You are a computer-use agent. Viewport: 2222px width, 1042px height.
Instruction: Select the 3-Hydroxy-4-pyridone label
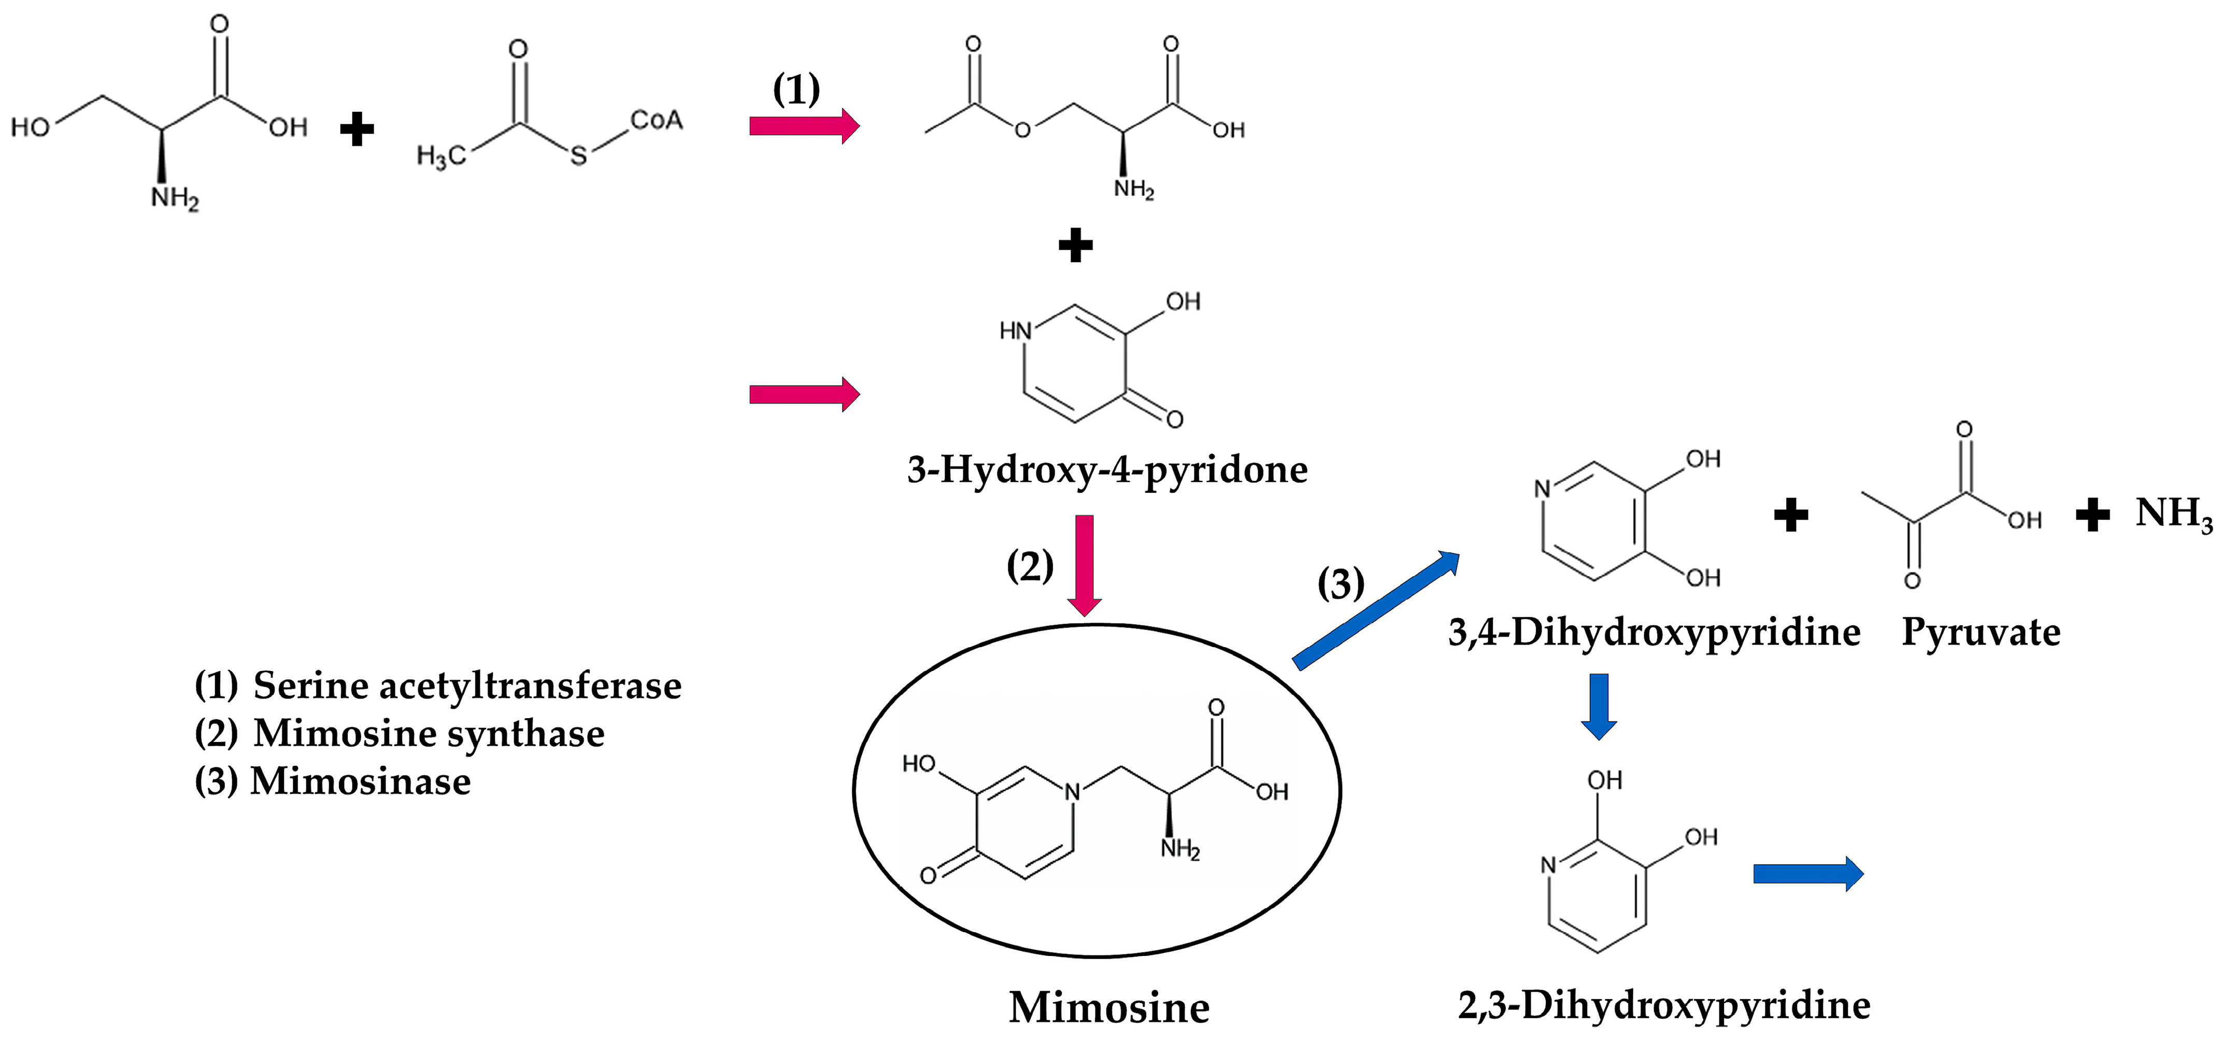tap(1107, 470)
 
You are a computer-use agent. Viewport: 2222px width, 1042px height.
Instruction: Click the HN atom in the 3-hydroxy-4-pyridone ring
tap(1015, 331)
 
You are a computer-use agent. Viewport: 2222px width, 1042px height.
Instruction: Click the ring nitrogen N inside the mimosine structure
tap(1072, 791)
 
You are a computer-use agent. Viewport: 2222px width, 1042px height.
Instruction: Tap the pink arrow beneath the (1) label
tap(804, 126)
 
